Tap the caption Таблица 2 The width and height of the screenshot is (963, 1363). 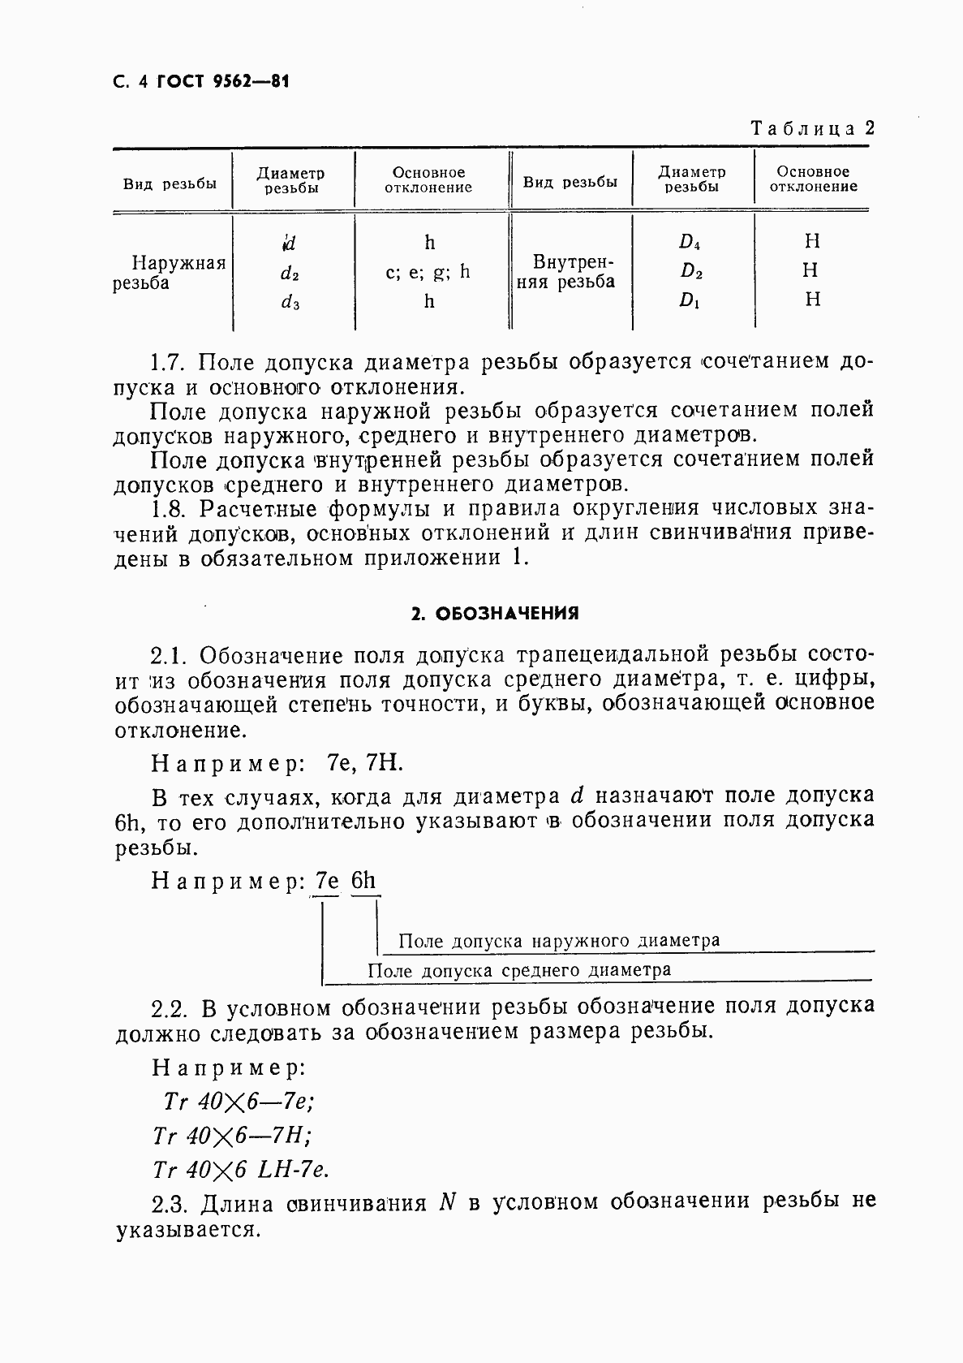812,128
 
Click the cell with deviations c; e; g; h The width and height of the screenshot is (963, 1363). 428,272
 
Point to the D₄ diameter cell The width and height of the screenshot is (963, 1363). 690,242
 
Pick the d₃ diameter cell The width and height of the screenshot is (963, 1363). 290,303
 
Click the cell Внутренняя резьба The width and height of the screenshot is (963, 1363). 569,273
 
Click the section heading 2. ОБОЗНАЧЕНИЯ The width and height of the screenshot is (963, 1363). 495,614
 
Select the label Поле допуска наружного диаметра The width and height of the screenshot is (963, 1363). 560,941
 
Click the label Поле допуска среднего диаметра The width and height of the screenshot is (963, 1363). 519,970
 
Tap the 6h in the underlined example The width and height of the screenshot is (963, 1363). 364,882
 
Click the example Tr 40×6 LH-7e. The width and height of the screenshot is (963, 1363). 240,1170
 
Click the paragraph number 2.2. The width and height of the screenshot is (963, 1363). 172,1008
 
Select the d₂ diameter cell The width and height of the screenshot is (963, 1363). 290,274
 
